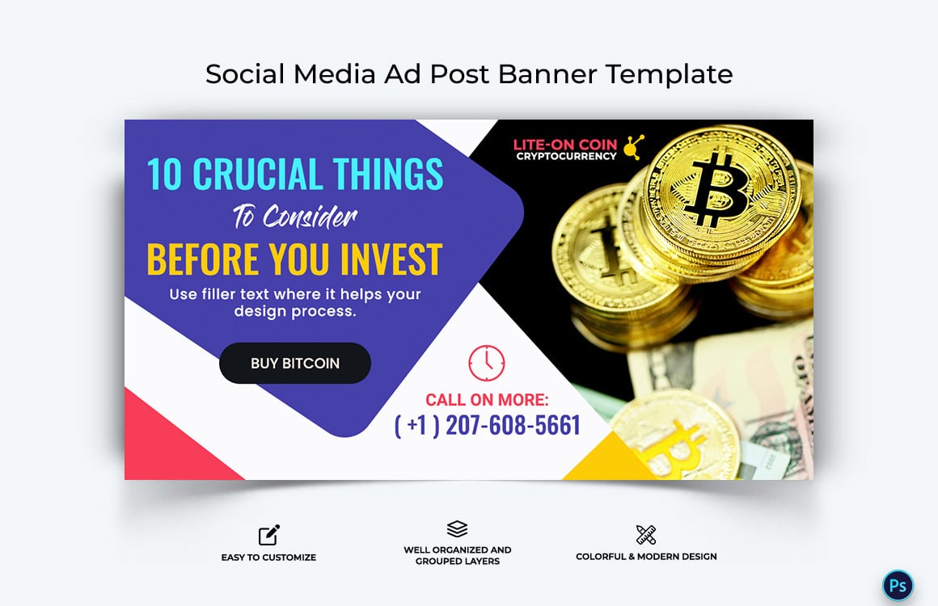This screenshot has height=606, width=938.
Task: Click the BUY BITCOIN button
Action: click(294, 363)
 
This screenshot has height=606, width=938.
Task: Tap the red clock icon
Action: click(486, 363)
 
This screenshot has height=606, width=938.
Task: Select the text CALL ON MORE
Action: click(487, 399)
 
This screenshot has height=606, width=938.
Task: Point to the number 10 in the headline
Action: click(164, 175)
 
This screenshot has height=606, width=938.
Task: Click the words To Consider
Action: click(294, 217)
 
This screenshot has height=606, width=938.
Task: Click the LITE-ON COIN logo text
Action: click(564, 145)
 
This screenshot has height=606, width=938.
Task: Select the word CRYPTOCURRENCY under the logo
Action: click(566, 157)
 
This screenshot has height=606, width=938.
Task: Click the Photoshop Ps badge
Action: click(897, 585)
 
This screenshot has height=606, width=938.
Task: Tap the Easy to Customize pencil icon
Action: click(268, 535)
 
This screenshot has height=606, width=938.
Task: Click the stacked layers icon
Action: click(457, 529)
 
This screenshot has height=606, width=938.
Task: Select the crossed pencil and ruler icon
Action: click(645, 534)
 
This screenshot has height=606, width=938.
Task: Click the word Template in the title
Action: click(669, 74)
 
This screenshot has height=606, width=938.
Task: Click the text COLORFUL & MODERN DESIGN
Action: click(645, 556)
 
